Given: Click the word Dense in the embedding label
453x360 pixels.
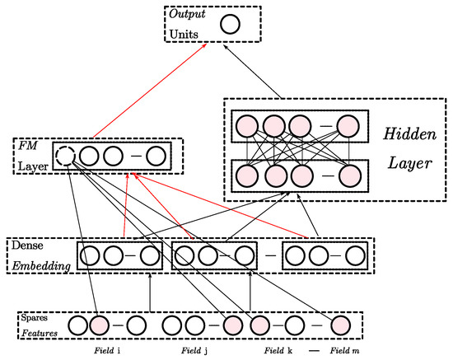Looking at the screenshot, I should (x=26, y=245).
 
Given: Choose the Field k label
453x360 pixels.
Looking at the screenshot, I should (x=281, y=352).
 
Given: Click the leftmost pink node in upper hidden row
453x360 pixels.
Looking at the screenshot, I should (x=245, y=126).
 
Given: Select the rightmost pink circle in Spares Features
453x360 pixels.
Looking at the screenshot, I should (x=341, y=326).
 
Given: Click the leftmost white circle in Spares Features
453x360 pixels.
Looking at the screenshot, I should (x=77, y=326).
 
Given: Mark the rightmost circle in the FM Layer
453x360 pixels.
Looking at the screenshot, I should (x=156, y=154).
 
